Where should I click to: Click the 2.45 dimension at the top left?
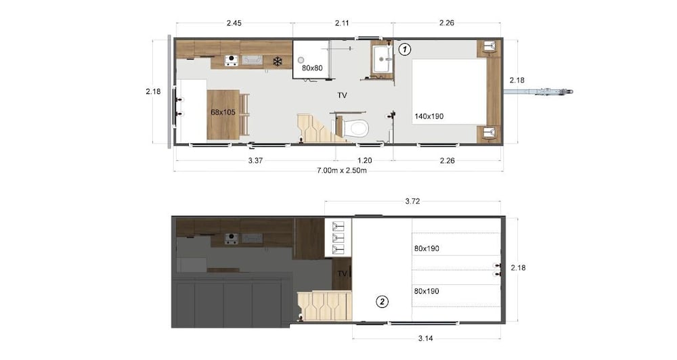coord(234,23)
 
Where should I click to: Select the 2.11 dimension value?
coord(343,23)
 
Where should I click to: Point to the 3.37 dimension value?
coord(255,161)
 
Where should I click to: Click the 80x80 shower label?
coord(312,68)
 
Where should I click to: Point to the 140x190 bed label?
coord(429,116)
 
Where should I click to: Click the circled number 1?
coord(404,49)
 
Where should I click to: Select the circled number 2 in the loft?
coord(383,302)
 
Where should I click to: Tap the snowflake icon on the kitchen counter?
coord(277,62)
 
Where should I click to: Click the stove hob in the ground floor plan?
coord(231,61)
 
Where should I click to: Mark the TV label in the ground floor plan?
coord(343,96)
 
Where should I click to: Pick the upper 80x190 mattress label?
coord(427,248)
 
